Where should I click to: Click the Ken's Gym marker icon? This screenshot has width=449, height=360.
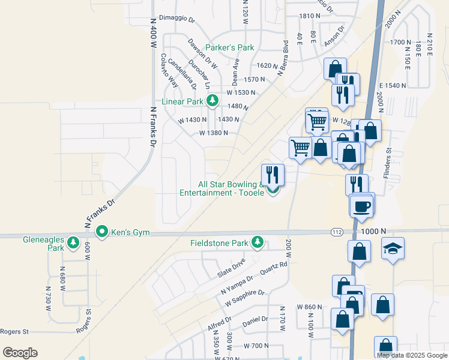click(103, 231)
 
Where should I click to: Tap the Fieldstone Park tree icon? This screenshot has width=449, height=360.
click(258, 242)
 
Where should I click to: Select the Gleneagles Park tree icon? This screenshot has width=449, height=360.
click(73, 242)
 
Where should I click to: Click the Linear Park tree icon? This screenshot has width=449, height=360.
click(211, 101)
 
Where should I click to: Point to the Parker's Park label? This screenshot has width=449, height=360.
click(230, 47)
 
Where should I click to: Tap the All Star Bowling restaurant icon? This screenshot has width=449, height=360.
click(273, 175)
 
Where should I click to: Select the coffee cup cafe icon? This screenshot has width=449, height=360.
click(362, 206)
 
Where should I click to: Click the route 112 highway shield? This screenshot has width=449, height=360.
click(336, 232)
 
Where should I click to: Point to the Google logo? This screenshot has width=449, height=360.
click(20, 353)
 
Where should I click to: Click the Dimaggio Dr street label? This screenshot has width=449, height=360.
click(176, 19)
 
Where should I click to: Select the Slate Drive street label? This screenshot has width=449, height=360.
click(231, 268)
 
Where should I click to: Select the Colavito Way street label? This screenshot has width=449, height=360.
click(167, 70)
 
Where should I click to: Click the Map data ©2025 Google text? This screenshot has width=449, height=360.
click(412, 355)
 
